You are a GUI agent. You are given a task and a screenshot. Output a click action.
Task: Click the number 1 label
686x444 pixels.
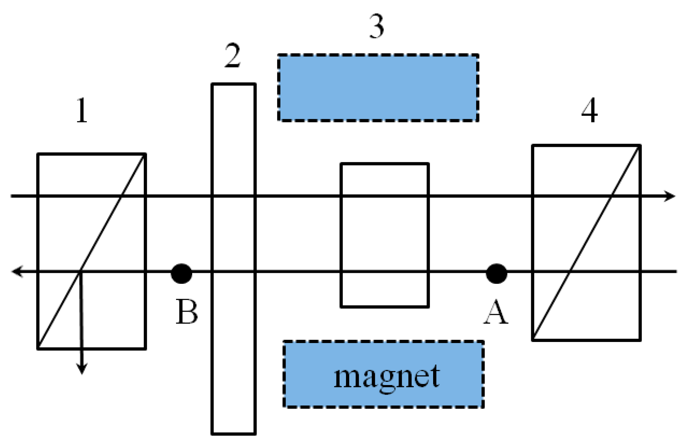[x=82, y=110]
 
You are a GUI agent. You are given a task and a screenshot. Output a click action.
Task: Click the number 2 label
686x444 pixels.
[x=232, y=56]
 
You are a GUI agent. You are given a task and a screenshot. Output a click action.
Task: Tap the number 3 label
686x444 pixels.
[x=376, y=27]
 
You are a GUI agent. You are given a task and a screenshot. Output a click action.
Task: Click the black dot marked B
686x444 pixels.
[x=181, y=274]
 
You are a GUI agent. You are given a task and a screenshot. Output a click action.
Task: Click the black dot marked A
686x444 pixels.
[x=496, y=274]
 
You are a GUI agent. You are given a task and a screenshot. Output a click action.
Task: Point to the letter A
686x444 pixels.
[x=496, y=313]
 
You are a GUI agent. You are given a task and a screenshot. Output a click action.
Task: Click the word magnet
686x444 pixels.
[x=387, y=377]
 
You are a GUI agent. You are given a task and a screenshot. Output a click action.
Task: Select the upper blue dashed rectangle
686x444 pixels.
[x=378, y=88]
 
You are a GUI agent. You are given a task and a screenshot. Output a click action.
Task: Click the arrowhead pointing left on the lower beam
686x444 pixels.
[x=17, y=272]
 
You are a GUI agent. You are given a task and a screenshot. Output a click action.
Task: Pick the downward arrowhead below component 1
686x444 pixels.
[x=82, y=368]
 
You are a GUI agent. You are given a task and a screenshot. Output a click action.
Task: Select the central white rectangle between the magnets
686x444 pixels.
[x=384, y=235]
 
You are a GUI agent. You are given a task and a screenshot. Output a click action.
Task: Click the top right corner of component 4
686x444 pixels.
[x=640, y=145]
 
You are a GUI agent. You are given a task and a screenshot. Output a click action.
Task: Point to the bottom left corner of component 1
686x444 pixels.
[x=38, y=349]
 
